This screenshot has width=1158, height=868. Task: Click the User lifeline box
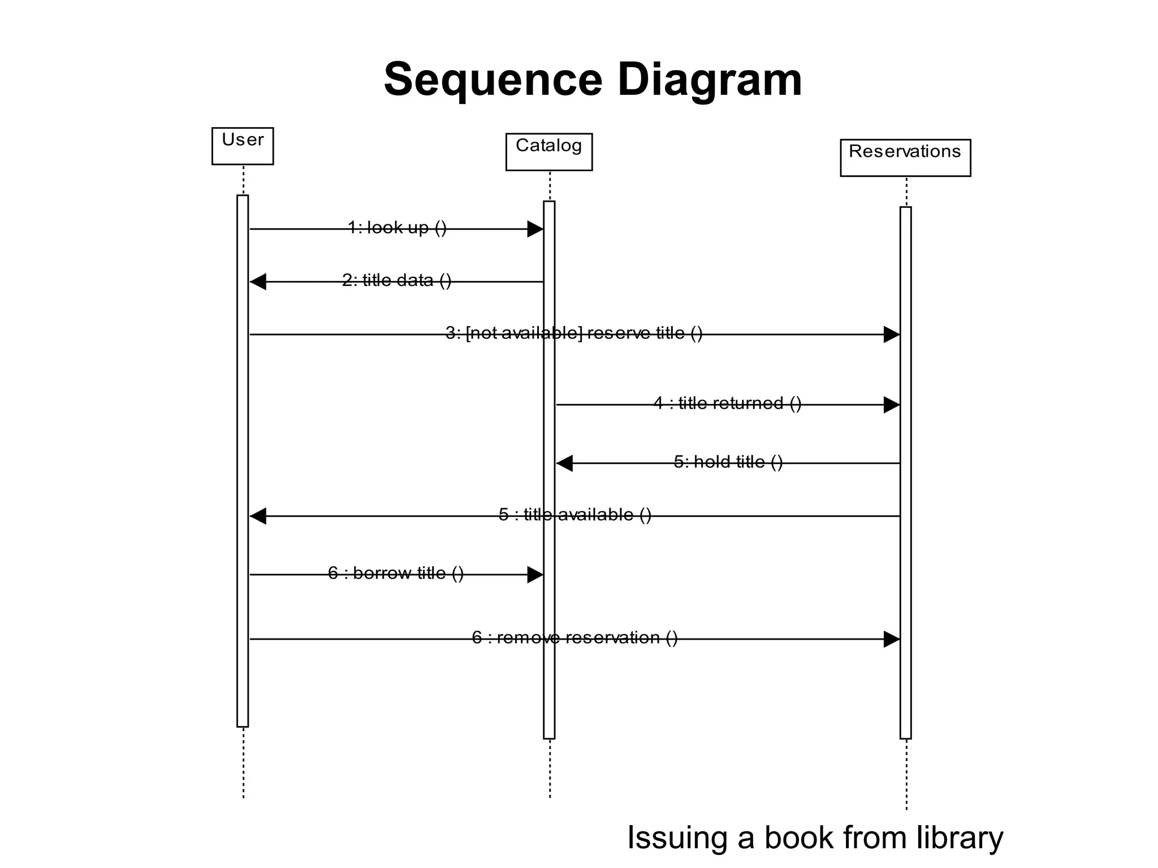[243, 146]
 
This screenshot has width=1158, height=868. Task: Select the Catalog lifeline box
[548, 151]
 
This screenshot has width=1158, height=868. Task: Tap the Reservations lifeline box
[905, 158]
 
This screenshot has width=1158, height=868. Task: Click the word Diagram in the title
[709, 80]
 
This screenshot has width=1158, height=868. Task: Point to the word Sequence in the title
[493, 80]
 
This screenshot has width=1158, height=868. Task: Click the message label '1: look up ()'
[397, 228]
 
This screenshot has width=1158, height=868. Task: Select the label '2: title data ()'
[396, 280]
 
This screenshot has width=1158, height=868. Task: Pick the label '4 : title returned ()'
[727, 403]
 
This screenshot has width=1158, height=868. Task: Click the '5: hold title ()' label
[728, 462]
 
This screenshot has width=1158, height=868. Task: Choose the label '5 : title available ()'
[574, 515]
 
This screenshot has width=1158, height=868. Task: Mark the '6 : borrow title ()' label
[396, 574]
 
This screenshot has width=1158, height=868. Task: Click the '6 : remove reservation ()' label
[574, 638]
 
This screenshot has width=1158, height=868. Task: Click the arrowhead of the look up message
[535, 229]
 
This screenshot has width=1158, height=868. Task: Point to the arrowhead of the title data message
[258, 281]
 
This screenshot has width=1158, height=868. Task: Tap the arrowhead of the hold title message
[565, 463]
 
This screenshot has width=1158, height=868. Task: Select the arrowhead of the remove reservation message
[891, 639]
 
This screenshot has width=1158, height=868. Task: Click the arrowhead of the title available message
[258, 516]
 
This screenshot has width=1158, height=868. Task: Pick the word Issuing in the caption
[677, 837]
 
